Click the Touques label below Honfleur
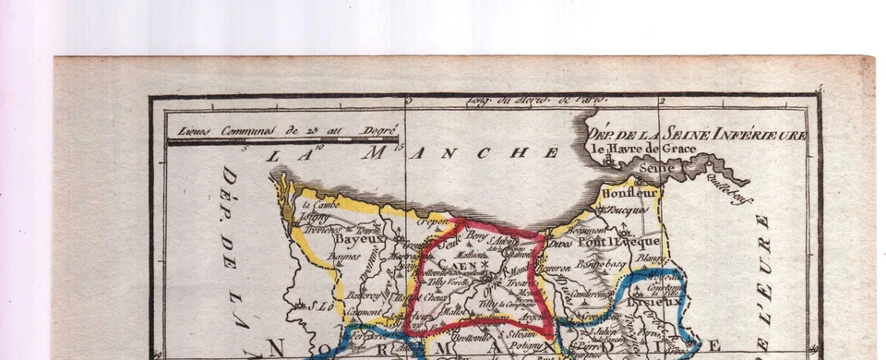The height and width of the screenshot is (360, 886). [x=629, y=210]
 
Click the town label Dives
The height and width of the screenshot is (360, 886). [x=559, y=243]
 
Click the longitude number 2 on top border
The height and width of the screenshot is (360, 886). [x=661, y=101]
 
